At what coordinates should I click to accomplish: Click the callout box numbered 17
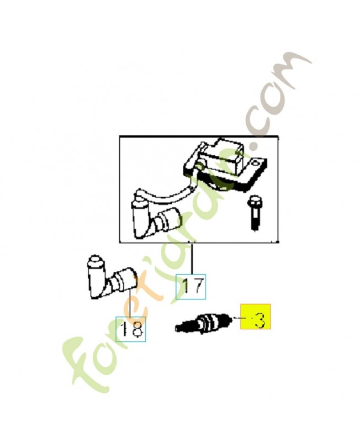(x=190, y=286)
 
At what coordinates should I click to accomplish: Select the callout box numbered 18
(x=131, y=329)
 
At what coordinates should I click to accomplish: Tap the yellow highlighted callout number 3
(x=255, y=318)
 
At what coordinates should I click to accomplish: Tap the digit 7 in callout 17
(x=197, y=286)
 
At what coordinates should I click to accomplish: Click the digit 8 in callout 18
(x=137, y=330)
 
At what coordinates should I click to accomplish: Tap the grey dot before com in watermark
(x=253, y=146)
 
